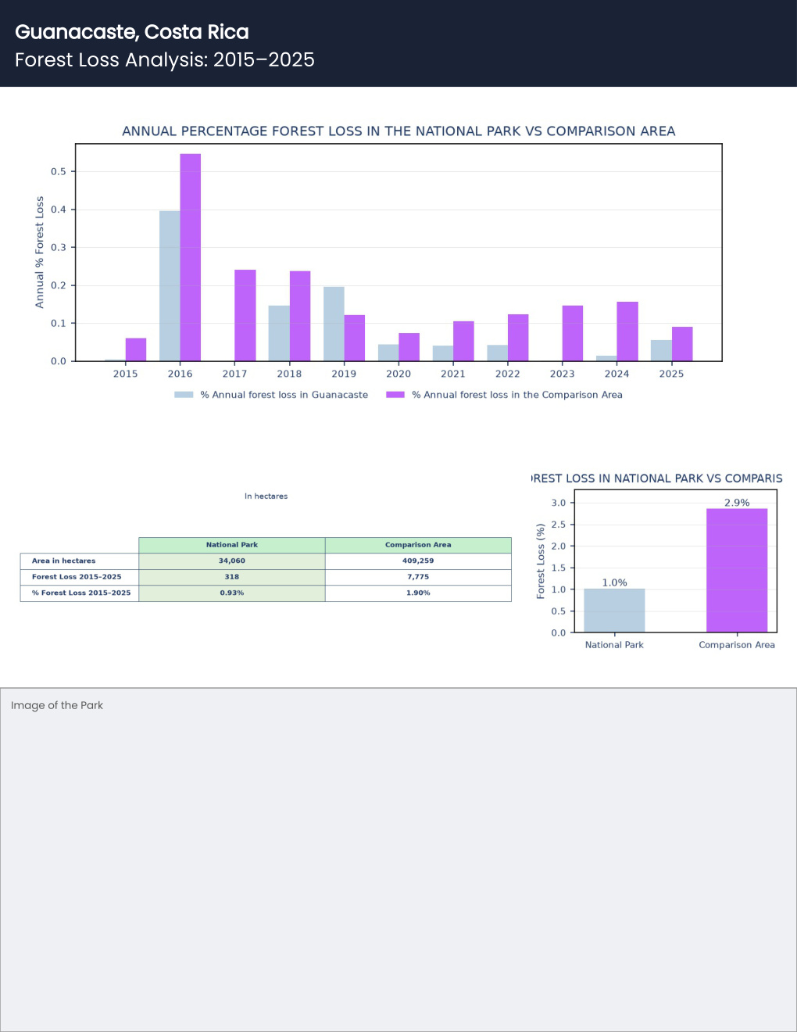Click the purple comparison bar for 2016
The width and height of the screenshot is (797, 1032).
(191, 257)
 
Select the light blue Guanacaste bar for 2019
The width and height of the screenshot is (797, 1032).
(334, 324)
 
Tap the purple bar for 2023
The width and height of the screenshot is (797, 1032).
(573, 333)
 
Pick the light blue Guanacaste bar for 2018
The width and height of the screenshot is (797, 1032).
(279, 333)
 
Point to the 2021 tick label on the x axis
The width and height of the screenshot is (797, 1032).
(453, 374)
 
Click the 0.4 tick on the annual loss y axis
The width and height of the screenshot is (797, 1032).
(59, 210)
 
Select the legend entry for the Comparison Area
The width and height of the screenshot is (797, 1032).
(504, 395)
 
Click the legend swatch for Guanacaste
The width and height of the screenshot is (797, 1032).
(184, 395)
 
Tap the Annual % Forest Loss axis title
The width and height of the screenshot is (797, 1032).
(39, 253)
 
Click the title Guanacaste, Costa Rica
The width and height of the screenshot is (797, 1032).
(132, 32)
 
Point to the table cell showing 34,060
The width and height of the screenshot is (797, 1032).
(231, 561)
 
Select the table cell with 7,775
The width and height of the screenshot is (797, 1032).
(418, 577)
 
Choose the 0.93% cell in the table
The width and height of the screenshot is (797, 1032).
(231, 593)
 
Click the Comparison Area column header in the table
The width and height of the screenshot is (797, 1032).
(418, 545)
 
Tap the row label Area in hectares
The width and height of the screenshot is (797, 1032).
(63, 561)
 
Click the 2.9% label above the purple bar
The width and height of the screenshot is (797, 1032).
(737, 503)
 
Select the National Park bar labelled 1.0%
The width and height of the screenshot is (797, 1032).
(614, 611)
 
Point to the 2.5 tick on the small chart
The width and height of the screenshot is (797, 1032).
(558, 525)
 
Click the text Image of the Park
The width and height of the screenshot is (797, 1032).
(57, 705)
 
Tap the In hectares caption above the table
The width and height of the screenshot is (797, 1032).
(266, 496)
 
